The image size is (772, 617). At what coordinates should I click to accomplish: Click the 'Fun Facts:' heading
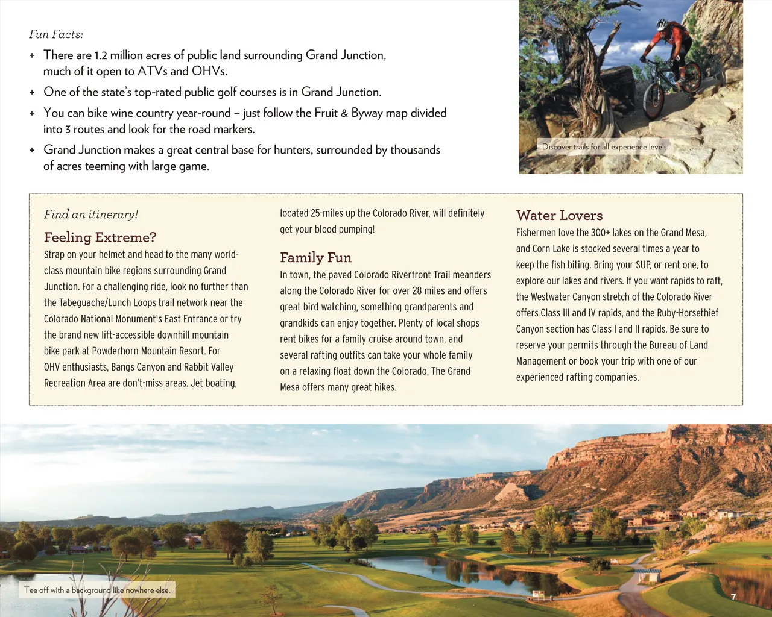point(56,34)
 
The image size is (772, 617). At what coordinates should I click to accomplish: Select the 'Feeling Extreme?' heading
point(100,237)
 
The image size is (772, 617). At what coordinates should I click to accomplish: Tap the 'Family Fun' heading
point(315,258)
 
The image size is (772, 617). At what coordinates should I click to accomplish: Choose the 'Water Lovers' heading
point(559,216)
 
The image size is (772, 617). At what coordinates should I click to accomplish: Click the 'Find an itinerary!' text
point(91,215)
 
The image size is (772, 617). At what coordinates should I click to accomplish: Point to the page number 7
point(733,597)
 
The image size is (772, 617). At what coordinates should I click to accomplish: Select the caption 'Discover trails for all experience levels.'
point(605,147)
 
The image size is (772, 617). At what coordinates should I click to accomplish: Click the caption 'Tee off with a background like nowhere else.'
point(97,590)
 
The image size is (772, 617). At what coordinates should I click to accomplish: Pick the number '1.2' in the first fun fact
point(100,55)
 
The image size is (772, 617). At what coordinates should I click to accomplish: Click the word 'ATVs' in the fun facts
point(152,72)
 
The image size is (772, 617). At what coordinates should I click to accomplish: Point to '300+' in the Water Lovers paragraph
point(600,233)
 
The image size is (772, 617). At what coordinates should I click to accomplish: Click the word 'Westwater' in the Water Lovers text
point(551,297)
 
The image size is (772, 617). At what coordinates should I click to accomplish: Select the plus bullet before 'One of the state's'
point(32,93)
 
